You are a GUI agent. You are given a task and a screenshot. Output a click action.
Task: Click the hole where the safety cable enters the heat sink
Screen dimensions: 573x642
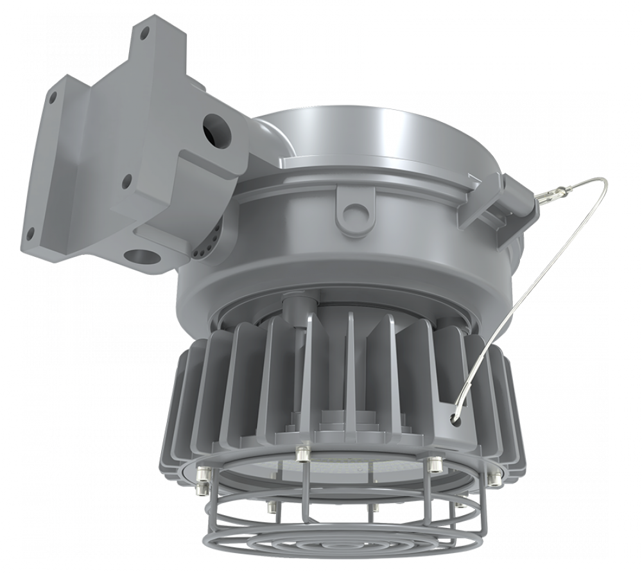(x=455, y=418)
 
